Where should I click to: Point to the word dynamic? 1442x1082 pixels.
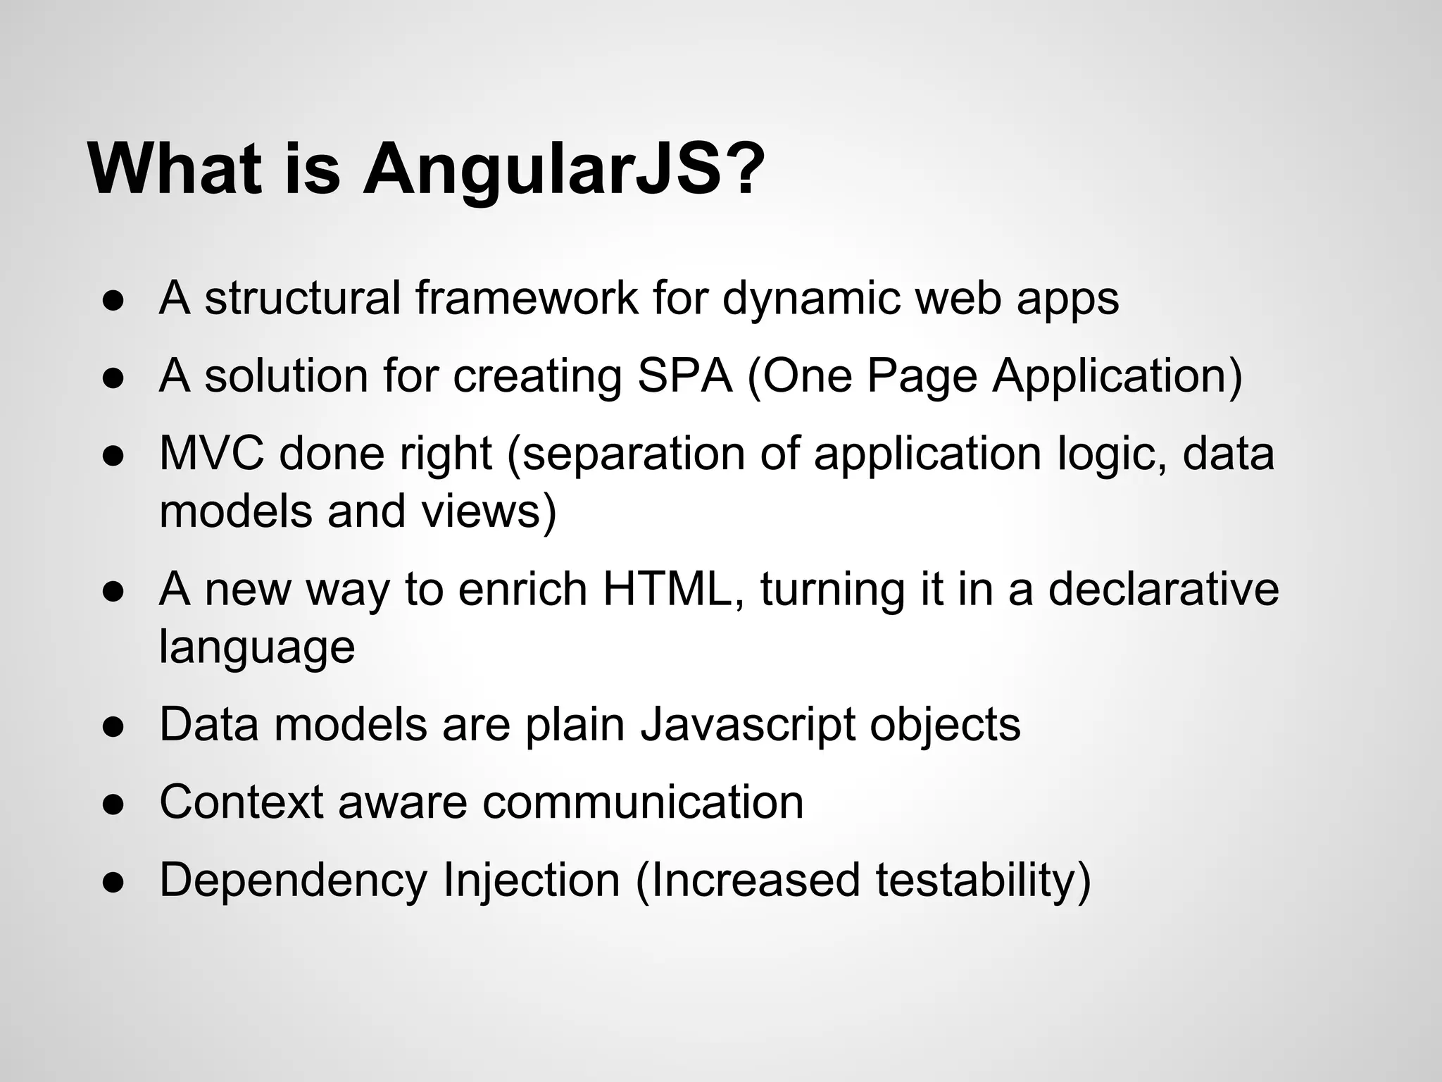click(810, 299)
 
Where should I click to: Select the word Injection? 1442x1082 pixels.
click(531, 881)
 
